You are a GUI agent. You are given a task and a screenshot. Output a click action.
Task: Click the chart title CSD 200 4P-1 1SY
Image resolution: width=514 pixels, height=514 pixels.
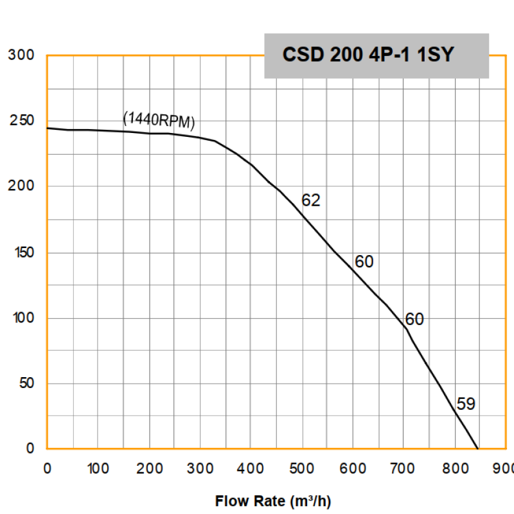click(368, 55)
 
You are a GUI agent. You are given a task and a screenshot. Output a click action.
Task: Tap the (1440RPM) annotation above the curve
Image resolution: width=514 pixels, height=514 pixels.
click(158, 120)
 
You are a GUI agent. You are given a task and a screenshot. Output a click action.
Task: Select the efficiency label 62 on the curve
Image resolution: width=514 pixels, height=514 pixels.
click(310, 200)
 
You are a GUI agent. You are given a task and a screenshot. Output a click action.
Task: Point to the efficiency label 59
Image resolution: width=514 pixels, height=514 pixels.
click(465, 404)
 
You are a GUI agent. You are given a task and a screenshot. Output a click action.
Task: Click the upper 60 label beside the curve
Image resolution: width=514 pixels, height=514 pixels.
click(364, 262)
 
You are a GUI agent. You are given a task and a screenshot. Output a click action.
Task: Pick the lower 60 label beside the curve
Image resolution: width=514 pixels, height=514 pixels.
click(414, 319)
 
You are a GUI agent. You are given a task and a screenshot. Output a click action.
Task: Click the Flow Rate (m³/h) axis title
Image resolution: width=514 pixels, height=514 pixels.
click(273, 501)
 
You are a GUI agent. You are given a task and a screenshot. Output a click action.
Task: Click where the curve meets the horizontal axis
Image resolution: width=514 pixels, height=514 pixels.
click(478, 448)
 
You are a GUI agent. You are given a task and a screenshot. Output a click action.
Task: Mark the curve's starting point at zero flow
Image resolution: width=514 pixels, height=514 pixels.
click(48, 128)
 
